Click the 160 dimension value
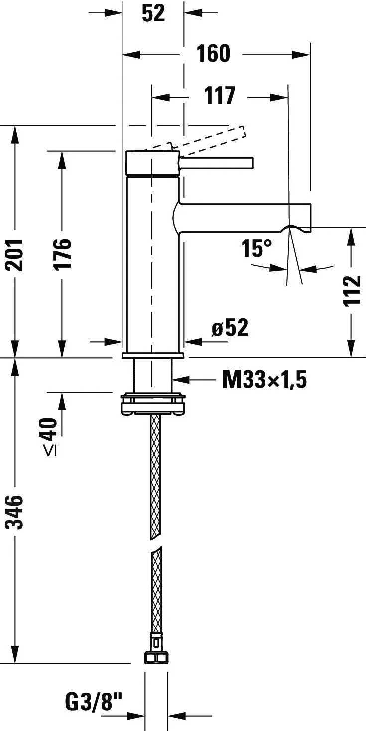click(213, 54)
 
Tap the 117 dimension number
click(220, 95)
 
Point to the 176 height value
click(62, 254)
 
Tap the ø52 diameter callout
click(230, 327)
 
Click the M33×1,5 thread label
click(264, 380)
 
